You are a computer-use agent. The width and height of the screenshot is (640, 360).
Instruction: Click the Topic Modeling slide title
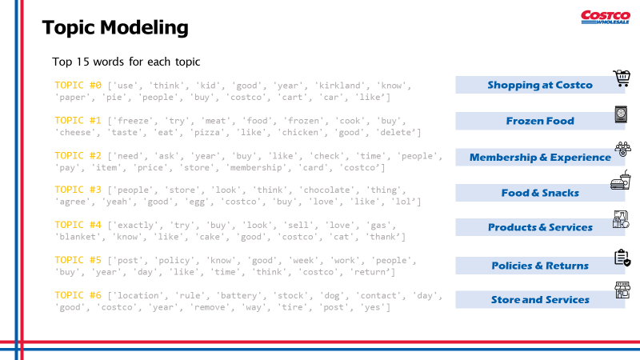coord(115,28)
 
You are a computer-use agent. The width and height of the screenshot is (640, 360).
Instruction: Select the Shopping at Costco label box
coord(539,85)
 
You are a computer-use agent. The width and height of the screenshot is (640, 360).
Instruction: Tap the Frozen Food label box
coord(539,121)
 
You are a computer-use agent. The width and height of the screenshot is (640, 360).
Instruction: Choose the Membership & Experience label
coord(539,158)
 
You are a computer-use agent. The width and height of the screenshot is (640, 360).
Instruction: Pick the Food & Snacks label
coord(539,193)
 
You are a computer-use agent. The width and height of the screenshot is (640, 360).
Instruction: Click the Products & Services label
coord(539,227)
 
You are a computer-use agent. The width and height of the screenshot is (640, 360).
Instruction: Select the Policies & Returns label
coord(539,266)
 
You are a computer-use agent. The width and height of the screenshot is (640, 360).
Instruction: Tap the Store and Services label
coord(539,300)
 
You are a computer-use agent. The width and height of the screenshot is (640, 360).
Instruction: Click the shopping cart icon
coord(622,78)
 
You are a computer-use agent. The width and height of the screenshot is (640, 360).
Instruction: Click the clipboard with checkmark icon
coord(622,258)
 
